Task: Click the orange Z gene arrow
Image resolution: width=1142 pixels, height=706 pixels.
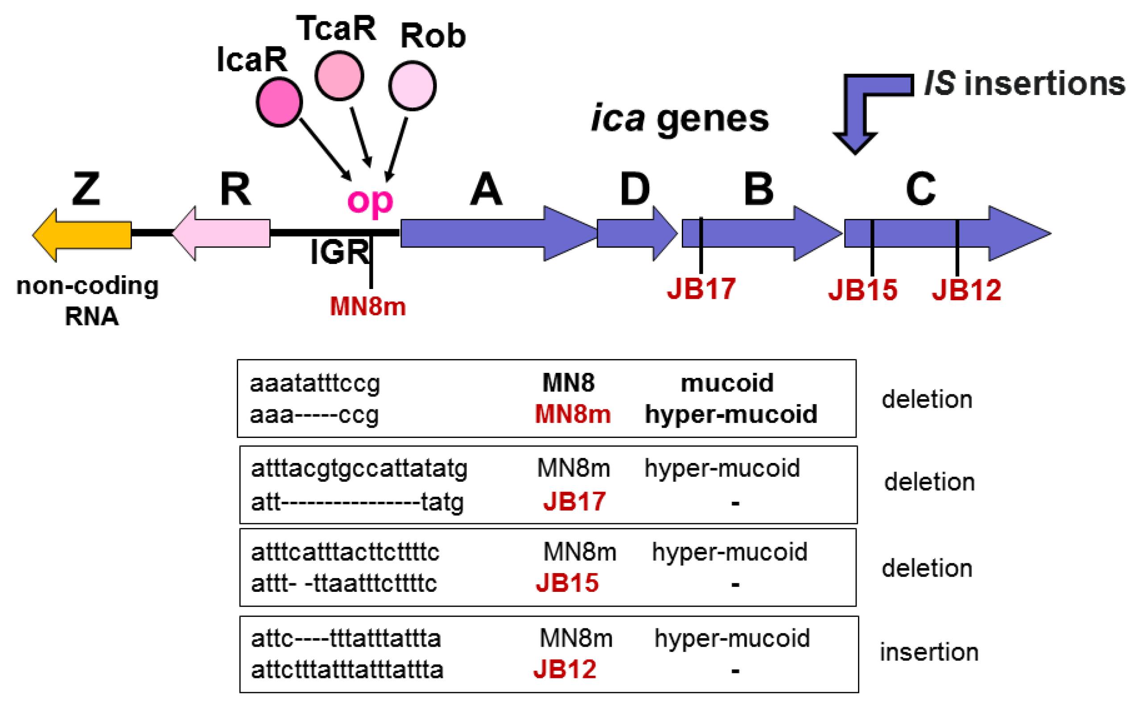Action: point(82,235)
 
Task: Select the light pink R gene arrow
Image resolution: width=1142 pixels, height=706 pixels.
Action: point(221,233)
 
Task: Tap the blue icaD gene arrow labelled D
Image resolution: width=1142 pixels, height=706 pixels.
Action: point(637,233)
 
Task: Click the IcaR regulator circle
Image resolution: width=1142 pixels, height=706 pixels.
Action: point(279,102)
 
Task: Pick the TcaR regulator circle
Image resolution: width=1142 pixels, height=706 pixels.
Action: point(339,76)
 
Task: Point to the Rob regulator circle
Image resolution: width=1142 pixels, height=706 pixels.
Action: point(412,86)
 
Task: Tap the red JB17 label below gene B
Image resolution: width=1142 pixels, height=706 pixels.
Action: point(701,289)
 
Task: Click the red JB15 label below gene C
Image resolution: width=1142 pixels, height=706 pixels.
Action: point(862,289)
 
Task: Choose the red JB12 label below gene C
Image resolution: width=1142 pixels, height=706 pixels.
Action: point(966,289)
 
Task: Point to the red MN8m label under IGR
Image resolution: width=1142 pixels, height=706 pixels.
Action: point(368,307)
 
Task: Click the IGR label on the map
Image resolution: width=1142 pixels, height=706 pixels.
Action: point(339,252)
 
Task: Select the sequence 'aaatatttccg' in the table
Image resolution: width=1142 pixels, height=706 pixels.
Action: point(315,384)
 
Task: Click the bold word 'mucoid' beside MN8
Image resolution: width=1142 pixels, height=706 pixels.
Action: point(727,383)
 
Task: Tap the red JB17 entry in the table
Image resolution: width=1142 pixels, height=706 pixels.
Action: point(574,501)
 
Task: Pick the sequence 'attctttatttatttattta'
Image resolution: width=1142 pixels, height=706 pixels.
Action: point(347,669)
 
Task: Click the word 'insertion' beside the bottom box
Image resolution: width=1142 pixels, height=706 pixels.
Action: point(929,652)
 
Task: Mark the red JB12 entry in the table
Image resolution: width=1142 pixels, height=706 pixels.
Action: point(565,669)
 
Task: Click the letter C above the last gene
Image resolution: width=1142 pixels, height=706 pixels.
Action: point(921,189)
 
